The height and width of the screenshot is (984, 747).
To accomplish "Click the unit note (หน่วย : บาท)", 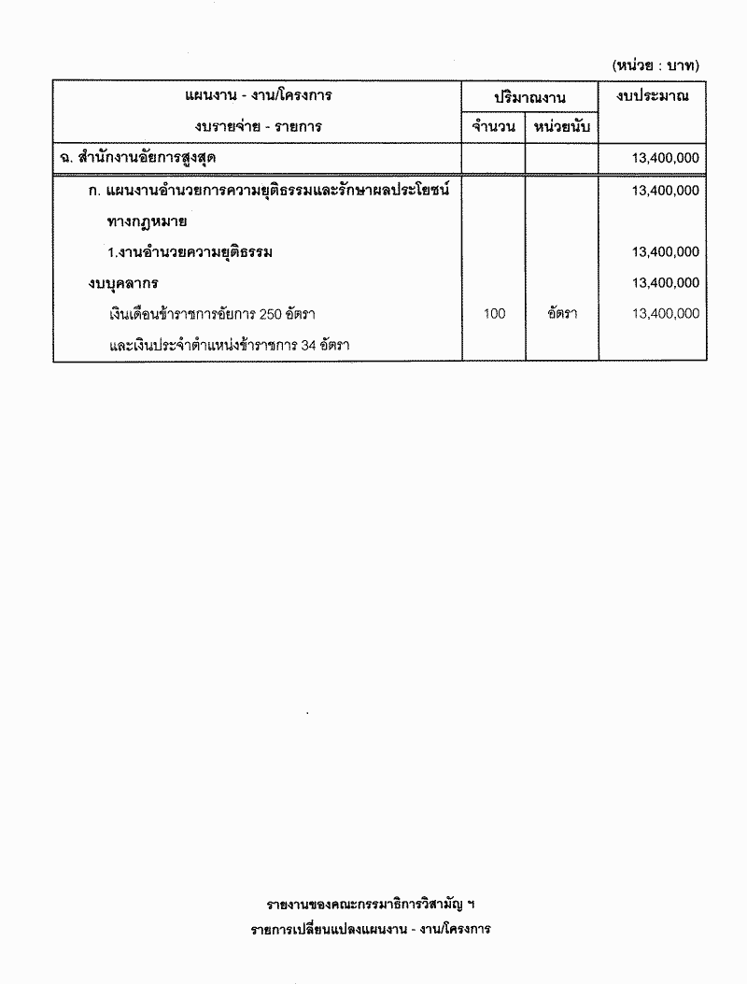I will [x=655, y=65].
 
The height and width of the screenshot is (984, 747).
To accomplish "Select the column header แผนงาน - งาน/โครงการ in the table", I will [x=259, y=95].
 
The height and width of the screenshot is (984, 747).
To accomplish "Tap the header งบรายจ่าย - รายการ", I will [x=259, y=126].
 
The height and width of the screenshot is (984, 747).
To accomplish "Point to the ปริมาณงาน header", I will [x=530, y=97].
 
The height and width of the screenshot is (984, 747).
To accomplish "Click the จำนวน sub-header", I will [x=494, y=126].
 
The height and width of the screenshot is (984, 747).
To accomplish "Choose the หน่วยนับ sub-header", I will [x=561, y=126].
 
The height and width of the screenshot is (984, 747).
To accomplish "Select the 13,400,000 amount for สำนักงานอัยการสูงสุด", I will [x=665, y=159].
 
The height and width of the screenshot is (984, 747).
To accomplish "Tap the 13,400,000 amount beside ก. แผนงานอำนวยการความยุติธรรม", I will [x=665, y=190].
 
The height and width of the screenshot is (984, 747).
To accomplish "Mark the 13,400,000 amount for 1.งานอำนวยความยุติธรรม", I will [x=665, y=251].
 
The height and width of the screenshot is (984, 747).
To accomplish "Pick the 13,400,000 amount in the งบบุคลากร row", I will [x=665, y=282].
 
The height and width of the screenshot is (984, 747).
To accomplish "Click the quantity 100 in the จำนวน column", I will [x=494, y=314].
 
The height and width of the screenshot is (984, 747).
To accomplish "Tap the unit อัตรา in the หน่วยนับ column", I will [x=561, y=314].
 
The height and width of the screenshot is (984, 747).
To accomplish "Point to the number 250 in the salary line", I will [x=272, y=314].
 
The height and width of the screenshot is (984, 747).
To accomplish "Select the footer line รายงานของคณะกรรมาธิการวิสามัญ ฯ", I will [x=371, y=905].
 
